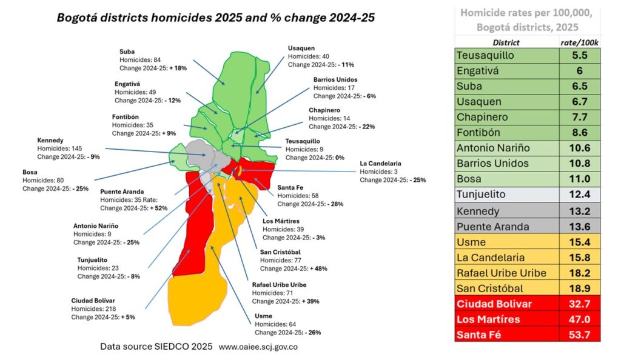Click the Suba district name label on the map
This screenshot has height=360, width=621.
[x=127, y=52]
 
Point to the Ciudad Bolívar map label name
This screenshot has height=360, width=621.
[x=93, y=300]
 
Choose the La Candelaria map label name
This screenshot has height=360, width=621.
[x=380, y=163]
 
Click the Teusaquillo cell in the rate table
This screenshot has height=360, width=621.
[x=485, y=55]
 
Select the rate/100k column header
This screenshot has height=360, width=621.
[x=579, y=42]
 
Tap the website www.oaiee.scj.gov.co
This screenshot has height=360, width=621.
[x=258, y=347]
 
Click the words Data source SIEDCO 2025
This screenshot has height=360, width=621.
[x=156, y=347]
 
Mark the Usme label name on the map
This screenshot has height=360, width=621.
[x=264, y=316]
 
